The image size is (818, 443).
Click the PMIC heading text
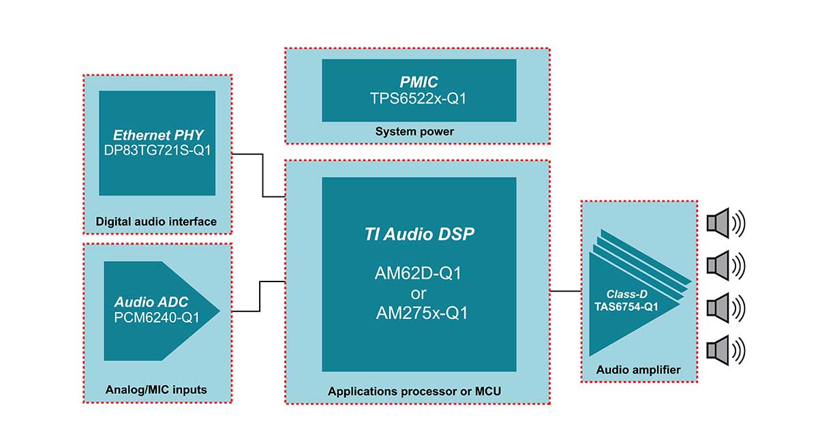419,82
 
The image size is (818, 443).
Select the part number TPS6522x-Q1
419,99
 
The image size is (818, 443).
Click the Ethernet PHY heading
157,135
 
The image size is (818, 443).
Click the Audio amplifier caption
638,370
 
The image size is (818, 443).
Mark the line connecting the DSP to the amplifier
564,291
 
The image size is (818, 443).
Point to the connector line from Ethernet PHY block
263,176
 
